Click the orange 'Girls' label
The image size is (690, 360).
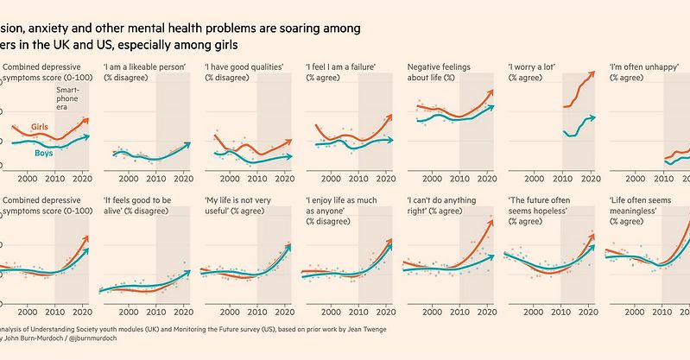click(39, 127)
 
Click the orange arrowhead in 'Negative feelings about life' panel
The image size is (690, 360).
click(491, 91)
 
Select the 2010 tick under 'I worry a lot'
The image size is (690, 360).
click(561, 179)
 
